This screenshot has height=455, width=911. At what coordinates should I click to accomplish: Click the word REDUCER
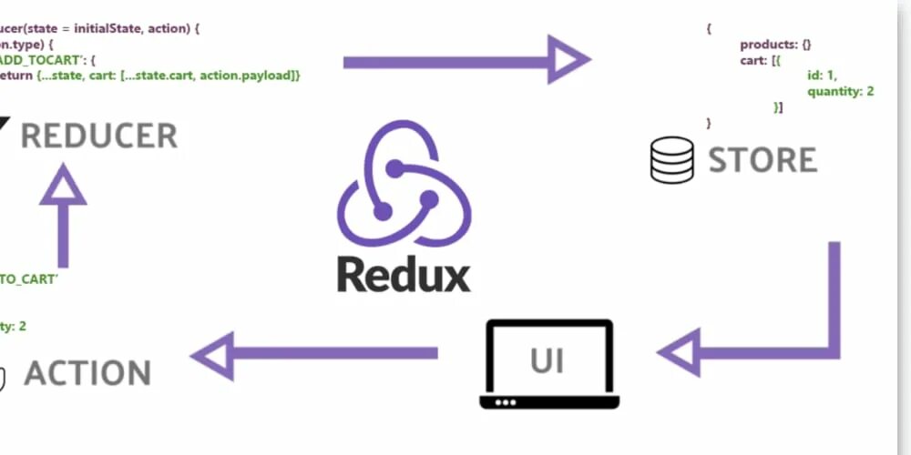click(x=98, y=136)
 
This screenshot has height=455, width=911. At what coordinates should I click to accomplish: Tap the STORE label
click(x=763, y=160)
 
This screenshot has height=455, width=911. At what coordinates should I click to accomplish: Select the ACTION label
click(x=87, y=373)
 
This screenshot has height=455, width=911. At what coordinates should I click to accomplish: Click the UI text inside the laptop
click(x=547, y=361)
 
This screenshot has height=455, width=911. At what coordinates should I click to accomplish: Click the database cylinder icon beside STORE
click(x=672, y=160)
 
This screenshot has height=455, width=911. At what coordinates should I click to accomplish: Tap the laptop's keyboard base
click(x=547, y=401)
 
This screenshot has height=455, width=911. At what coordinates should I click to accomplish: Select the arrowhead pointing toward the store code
click(x=569, y=61)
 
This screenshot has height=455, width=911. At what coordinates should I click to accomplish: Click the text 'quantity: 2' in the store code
click(x=840, y=91)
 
